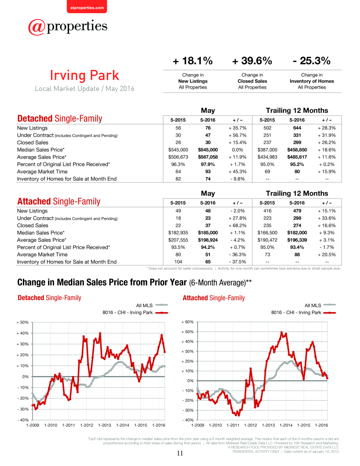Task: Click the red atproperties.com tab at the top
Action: tap(87, 7)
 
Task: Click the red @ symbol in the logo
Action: tap(37, 27)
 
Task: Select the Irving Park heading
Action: tap(84, 75)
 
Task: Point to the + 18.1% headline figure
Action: tap(193, 61)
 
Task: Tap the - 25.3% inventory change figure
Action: tap(312, 61)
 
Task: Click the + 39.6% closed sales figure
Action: tap(252, 61)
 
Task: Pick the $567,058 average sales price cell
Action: tap(208, 157)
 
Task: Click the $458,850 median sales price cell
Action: tap(297, 150)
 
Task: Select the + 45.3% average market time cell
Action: tap(238, 171)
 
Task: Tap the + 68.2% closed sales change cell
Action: tap(238, 225)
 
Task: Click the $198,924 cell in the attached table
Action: tap(208, 240)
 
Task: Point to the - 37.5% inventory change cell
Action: tap(238, 262)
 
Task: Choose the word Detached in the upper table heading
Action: tap(35, 118)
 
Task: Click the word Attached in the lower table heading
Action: tap(34, 201)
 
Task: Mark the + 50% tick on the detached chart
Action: tap(22, 322)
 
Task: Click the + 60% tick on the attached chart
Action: tap(187, 322)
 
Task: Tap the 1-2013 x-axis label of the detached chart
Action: tap(105, 425)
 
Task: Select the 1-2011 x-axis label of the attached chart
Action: tap(233, 425)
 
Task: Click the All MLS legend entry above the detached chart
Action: tap(152, 305)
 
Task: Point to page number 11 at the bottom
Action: tap(180, 453)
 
